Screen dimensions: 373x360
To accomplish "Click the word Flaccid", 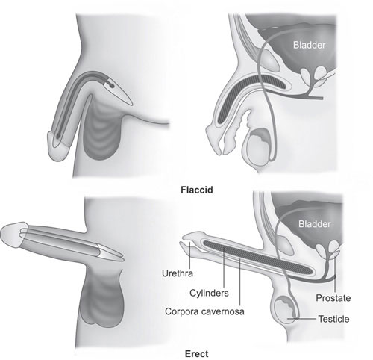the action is pos(197,190).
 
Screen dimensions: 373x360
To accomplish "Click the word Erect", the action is pos(197,354).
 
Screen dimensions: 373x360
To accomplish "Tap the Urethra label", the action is pos(178,273).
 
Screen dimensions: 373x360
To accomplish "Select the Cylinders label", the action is pos(209,293).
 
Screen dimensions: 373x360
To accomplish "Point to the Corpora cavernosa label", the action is pos(204,311).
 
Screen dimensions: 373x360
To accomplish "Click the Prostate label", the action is pos(333,298).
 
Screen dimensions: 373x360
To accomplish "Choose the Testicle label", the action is pos(333,319).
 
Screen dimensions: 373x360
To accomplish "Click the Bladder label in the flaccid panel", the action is pos(309,45).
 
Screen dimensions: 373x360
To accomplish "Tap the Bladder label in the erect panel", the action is pos(315,224).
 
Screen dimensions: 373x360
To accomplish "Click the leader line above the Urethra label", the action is pos(189,255).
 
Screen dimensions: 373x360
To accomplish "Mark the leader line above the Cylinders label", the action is pos(224,267).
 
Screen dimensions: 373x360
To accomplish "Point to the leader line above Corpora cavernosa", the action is pos(240,282).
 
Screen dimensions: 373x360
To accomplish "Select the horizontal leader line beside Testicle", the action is pos(302,318).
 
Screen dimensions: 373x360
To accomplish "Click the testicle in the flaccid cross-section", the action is pos(259,147).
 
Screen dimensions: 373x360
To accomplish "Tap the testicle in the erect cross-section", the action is pos(286,308).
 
